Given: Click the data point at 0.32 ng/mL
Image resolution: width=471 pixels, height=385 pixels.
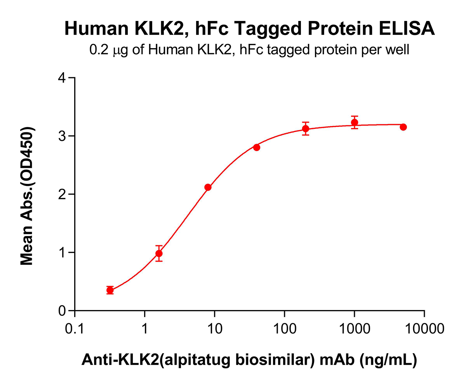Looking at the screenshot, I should (x=110, y=290).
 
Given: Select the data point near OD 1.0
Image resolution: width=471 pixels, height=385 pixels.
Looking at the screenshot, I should (x=159, y=253).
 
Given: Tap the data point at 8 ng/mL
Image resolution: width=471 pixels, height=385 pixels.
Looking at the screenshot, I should (x=208, y=187).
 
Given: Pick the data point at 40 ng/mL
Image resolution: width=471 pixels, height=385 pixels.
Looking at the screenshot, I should (x=257, y=147).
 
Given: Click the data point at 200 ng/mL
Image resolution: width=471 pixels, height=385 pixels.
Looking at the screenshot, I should (x=306, y=128).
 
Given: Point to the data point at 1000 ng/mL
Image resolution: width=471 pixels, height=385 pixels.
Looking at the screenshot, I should (x=355, y=122).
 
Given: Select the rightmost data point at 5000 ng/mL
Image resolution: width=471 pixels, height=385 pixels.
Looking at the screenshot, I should (x=403, y=127).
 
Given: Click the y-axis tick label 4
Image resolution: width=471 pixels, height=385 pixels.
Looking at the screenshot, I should (x=62, y=78).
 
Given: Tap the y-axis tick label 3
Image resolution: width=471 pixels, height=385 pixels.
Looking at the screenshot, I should (x=62, y=136).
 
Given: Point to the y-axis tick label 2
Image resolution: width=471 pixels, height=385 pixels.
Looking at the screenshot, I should (x=62, y=194).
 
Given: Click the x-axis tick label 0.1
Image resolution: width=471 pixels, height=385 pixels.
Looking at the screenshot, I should (x=74, y=329).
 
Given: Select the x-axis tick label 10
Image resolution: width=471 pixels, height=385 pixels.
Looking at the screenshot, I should (x=214, y=329).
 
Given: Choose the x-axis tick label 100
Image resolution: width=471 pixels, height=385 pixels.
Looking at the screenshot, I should (x=284, y=329).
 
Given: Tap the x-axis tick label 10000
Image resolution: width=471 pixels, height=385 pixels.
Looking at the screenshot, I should (x=424, y=329).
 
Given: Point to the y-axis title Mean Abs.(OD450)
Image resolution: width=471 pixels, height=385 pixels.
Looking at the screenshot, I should (x=27, y=196).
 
